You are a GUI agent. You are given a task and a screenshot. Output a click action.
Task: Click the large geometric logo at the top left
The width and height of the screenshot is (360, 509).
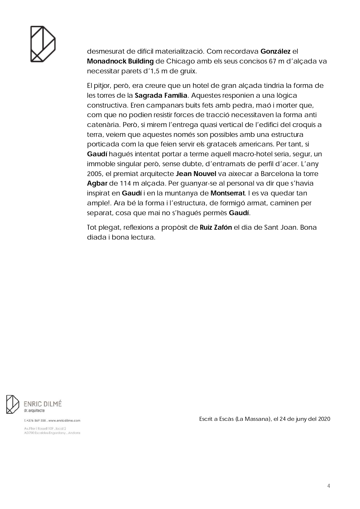(x=43, y=44)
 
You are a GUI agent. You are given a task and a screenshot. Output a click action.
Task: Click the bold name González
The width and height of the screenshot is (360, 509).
(x=275, y=51)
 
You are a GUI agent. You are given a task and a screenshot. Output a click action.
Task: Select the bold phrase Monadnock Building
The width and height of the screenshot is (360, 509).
(x=120, y=61)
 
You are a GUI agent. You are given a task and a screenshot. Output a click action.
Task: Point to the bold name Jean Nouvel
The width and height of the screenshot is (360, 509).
(x=196, y=174)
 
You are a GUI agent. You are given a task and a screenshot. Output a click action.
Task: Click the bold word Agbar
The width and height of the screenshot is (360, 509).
(x=97, y=184)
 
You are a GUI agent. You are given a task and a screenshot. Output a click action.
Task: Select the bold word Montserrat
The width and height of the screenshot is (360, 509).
(x=228, y=193)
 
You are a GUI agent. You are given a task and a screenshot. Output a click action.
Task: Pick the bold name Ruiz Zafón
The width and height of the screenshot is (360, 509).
(x=216, y=227)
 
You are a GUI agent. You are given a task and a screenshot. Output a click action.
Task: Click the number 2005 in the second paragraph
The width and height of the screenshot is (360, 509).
(x=93, y=174)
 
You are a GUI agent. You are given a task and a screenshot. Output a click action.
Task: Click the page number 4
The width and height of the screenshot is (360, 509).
(x=329, y=486)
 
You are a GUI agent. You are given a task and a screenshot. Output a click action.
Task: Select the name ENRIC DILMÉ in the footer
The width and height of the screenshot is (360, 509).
(x=42, y=404)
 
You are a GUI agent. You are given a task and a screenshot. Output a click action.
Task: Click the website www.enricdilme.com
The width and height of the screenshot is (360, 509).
(x=64, y=420)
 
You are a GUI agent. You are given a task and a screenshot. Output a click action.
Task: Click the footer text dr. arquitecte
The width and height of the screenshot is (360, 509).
(x=35, y=410)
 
